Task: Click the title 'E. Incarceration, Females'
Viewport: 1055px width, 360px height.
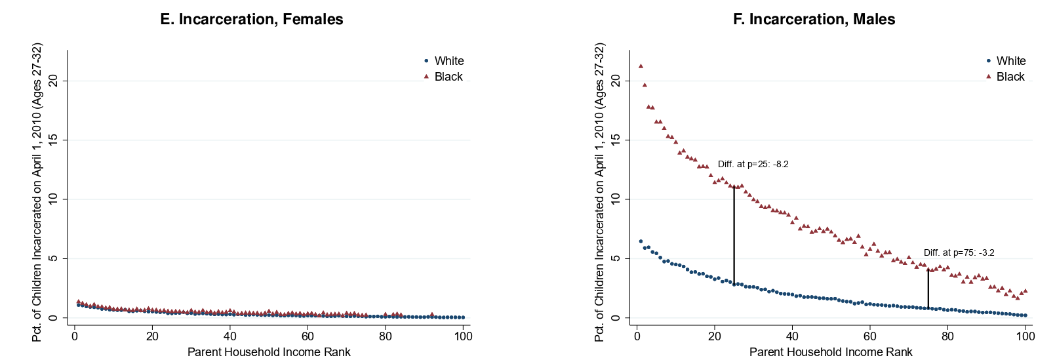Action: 252,19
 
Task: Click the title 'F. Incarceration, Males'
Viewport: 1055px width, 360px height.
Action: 814,19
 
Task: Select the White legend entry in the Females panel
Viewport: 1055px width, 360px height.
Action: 444,61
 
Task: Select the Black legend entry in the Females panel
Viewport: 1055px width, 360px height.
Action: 443,76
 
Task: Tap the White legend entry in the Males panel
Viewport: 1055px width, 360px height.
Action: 1006,61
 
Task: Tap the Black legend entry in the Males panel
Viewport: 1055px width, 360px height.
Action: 1005,76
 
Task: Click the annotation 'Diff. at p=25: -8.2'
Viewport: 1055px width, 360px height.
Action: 753,165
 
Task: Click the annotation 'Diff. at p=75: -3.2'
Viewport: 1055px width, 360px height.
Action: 959,253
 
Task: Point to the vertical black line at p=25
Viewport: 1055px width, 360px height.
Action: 734,235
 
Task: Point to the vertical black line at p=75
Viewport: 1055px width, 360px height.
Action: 928,289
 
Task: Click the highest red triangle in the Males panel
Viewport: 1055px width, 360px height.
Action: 641,66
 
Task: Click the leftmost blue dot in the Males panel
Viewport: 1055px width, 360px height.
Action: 641,241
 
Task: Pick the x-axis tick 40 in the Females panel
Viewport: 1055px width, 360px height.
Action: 230,336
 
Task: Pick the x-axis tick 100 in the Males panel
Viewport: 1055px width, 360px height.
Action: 1025,336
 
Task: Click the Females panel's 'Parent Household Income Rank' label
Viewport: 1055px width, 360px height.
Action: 269,352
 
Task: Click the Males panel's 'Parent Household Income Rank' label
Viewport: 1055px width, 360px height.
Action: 831,352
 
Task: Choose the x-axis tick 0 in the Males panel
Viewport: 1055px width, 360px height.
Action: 637,336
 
